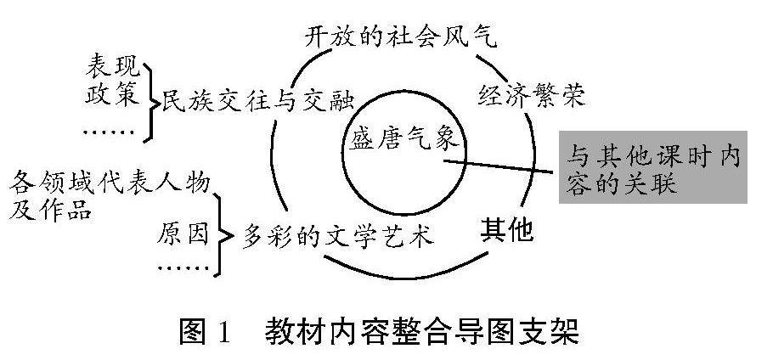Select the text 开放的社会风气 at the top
pos(399,37)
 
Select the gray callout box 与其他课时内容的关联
pos(652,168)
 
